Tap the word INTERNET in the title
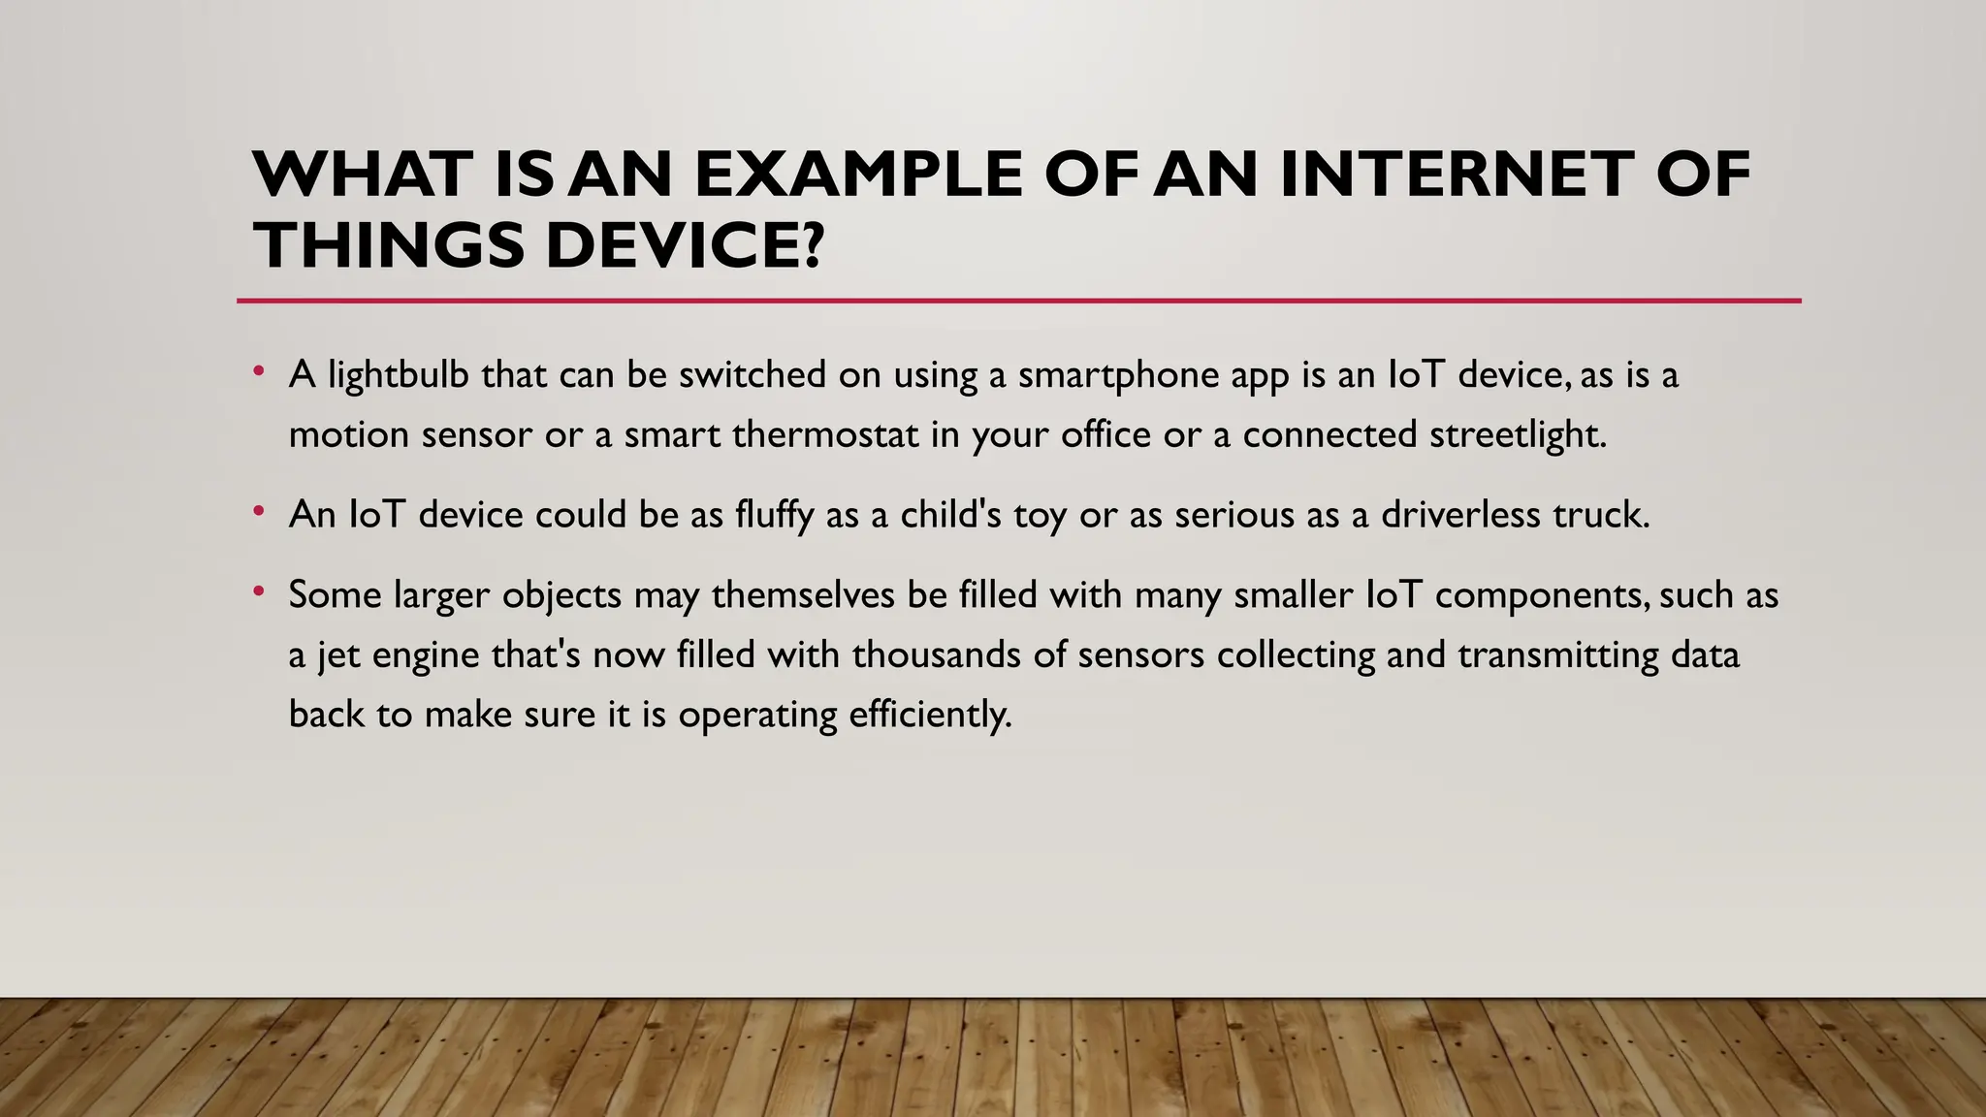[1455, 175]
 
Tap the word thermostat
[825, 434]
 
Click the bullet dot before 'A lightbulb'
[258, 370]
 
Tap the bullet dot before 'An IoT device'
[258, 510]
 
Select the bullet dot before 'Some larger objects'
[258, 590]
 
